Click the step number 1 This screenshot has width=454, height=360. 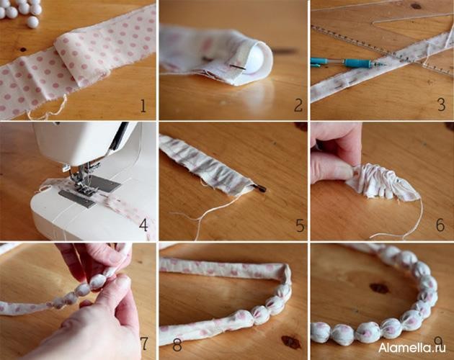tap(143, 105)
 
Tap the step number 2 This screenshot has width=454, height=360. tap(298, 105)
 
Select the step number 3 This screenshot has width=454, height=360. tap(441, 104)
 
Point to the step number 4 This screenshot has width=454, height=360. tap(143, 225)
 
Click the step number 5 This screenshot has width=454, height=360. tap(300, 225)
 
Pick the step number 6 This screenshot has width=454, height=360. tap(440, 225)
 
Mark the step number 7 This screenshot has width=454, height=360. tap(144, 343)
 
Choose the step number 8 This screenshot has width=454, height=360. tap(177, 344)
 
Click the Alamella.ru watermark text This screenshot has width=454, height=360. tap(412, 348)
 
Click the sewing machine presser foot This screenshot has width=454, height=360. tap(84, 188)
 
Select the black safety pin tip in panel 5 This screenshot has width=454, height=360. tap(262, 189)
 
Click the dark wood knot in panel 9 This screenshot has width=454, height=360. tap(379, 288)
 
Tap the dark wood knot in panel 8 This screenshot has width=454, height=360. tap(291, 342)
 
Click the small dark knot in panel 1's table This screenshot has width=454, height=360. tap(22, 50)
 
